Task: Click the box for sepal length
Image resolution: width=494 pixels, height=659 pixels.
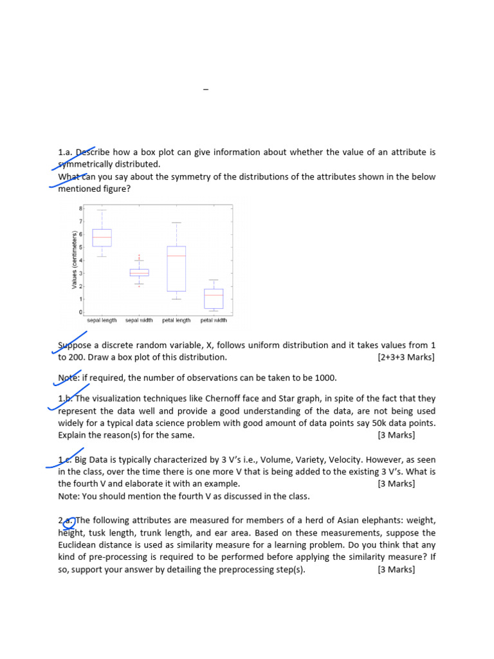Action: pos(102,237)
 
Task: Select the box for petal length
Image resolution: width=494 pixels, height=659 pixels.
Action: pos(176,268)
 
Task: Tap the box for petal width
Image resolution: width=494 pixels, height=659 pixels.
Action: pos(214,299)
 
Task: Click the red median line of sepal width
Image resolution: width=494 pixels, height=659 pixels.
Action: pos(139,273)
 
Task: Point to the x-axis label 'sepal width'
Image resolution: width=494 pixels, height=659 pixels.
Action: pos(139,320)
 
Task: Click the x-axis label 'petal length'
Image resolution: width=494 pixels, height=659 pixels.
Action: pos(176,320)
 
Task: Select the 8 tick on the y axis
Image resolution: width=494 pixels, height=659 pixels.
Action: pos(81,209)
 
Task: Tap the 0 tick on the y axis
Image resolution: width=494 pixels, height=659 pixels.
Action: pos(81,312)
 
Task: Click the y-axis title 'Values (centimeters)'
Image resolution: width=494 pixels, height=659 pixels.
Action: pos(75,259)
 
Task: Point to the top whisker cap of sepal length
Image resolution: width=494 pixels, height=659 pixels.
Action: pos(102,210)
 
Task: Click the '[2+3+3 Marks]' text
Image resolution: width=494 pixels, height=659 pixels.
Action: pos(406,357)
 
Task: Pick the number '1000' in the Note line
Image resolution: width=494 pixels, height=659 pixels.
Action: pos(325,378)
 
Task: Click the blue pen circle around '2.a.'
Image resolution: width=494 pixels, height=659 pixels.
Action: pos(68,523)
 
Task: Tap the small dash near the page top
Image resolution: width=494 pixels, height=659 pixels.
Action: pos(206,89)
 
